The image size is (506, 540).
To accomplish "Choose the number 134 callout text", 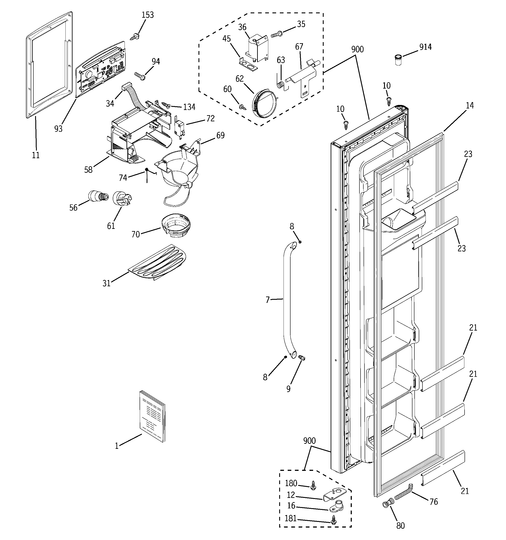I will pyautogui.click(x=189, y=107).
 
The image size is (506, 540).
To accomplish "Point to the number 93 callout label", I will pyautogui.click(x=58, y=129).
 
